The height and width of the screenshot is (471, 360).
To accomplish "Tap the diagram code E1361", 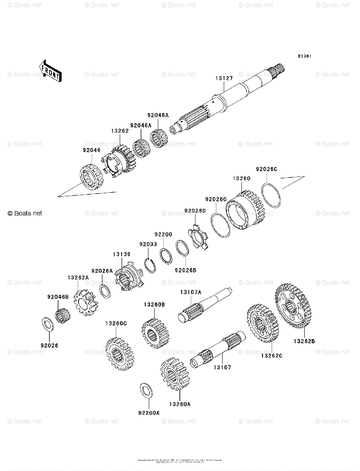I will pyautogui.click(x=304, y=57).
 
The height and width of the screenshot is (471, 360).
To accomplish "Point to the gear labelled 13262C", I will pyautogui.click(x=263, y=325).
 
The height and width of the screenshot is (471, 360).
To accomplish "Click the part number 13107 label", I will pyautogui.click(x=222, y=368).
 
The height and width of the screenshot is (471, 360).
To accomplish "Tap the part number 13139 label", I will pyautogui.click(x=122, y=254).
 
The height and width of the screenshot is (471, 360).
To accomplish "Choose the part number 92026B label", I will pyautogui.click(x=185, y=270).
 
